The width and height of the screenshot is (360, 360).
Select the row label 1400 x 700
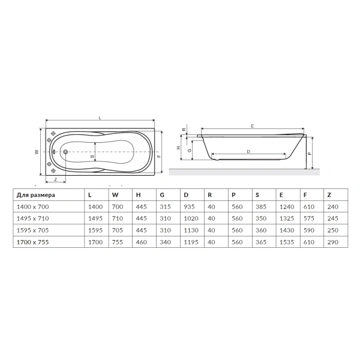(x=32, y=206)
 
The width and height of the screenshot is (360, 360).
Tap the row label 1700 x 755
(x=32, y=242)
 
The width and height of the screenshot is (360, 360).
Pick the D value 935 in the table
(x=189, y=206)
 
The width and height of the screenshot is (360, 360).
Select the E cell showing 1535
(x=286, y=242)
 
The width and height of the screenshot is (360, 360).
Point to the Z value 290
(x=333, y=242)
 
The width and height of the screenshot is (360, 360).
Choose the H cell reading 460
(x=141, y=242)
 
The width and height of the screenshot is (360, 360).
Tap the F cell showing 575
(x=309, y=218)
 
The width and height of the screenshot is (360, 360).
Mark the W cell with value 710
(x=117, y=218)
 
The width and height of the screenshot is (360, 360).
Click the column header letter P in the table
(x=233, y=194)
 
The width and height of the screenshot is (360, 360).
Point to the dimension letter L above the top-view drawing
(x=100, y=118)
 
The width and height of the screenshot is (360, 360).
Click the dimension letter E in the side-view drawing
(x=253, y=125)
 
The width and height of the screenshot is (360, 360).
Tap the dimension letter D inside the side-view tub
(x=248, y=151)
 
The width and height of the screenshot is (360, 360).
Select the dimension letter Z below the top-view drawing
(x=55, y=179)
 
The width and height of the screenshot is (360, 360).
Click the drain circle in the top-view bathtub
(x=65, y=152)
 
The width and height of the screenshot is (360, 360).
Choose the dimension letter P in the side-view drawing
(x=309, y=153)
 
